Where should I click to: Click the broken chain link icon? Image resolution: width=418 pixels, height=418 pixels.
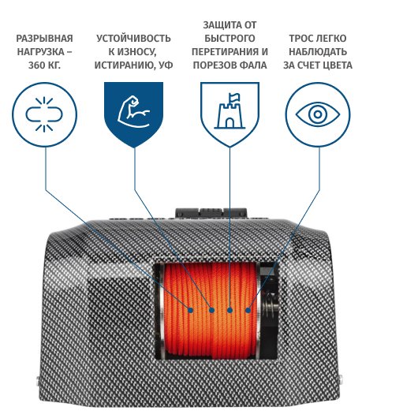(x=44, y=114)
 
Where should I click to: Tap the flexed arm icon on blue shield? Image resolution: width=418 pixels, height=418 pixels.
(x=133, y=112)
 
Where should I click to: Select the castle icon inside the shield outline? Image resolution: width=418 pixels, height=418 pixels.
(x=230, y=111)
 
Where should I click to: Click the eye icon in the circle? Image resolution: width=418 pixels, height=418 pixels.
(x=318, y=114)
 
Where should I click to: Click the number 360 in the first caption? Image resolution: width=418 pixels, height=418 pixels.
(x=36, y=65)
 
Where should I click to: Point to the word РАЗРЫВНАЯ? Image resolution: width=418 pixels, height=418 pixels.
(x=44, y=39)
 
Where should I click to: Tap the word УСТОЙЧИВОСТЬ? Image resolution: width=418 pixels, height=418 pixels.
(x=133, y=39)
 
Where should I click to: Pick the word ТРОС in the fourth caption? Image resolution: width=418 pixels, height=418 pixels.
(x=300, y=39)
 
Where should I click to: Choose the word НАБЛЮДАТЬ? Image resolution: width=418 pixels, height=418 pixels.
(x=318, y=52)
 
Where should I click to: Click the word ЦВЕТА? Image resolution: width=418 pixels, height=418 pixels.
(x=337, y=65)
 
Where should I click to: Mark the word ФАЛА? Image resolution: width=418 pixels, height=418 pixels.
(x=254, y=65)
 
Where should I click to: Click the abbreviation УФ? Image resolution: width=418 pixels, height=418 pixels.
(x=166, y=65)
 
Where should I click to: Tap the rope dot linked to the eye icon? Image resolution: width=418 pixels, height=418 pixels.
(x=248, y=310)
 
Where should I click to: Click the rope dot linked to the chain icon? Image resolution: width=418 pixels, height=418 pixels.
(x=190, y=310)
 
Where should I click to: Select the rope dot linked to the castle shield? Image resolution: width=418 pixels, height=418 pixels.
(x=230, y=310)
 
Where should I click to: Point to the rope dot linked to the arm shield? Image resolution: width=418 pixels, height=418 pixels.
(x=211, y=310)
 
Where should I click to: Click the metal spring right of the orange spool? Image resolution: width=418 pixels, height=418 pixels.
(x=270, y=306)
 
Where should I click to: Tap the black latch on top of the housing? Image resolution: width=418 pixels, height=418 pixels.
(x=211, y=213)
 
